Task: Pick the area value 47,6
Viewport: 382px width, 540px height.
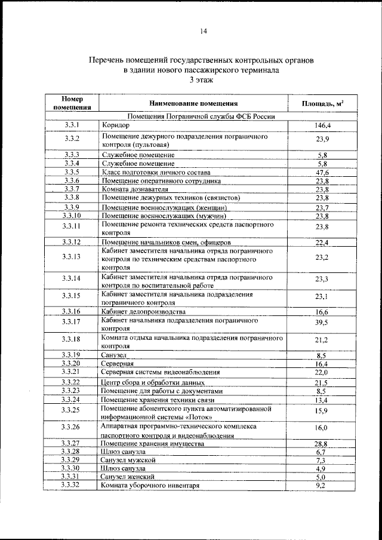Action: [x=322, y=172]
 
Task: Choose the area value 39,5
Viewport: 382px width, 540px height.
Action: [x=322, y=323]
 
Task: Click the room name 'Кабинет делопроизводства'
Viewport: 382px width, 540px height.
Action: [x=144, y=312]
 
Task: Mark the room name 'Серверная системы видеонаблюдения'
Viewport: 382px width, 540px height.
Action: [x=161, y=372]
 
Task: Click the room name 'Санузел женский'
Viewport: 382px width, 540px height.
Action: [x=128, y=477]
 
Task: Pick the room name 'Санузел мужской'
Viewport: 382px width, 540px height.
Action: [x=128, y=461]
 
